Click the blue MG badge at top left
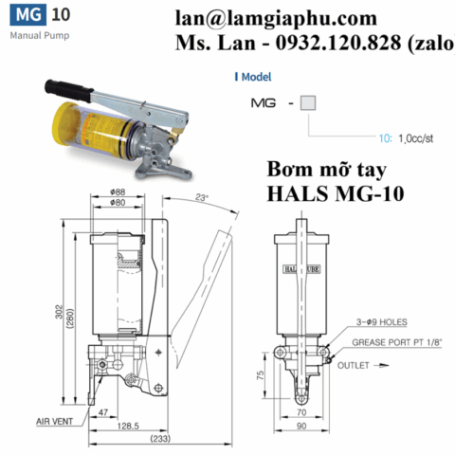(25, 15)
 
